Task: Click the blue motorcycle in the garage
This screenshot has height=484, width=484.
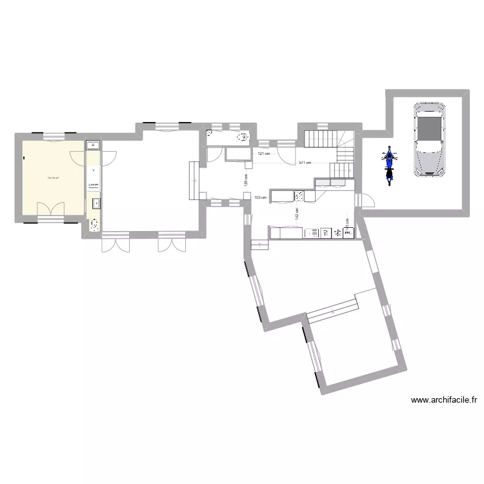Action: point(388,166)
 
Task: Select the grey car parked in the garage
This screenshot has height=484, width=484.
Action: point(429,139)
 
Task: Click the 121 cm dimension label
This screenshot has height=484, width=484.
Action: point(263,154)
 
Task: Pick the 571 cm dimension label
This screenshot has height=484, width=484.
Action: point(305,163)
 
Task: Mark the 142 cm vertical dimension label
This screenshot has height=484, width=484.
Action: point(297,214)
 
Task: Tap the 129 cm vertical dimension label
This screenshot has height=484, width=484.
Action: point(245,179)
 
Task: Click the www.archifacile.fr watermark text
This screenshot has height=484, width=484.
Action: point(443,400)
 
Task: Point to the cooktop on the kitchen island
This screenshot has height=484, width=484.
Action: point(299,195)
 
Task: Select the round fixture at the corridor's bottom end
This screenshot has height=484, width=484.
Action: point(94,225)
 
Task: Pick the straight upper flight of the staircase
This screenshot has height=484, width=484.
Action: point(318,137)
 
